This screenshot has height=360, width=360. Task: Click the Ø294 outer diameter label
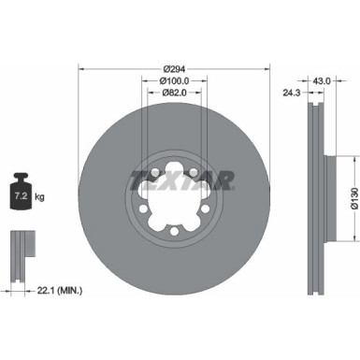tap(174, 68)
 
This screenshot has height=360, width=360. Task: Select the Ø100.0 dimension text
tap(174, 81)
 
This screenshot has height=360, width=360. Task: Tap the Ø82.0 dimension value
tap(174, 94)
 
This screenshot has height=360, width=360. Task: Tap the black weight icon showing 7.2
tap(20, 197)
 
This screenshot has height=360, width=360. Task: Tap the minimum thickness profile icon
tap(20, 252)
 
